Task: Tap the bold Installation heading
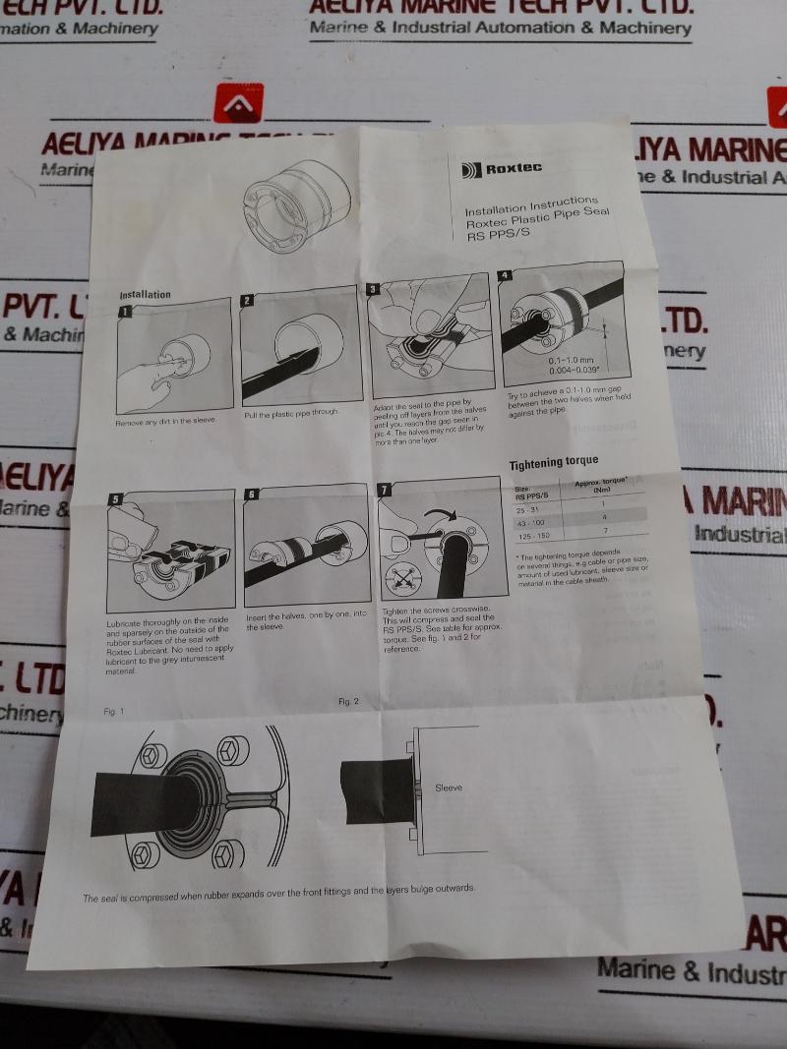click(145, 294)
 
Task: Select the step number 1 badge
click(125, 312)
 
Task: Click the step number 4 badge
click(505, 275)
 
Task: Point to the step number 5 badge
click(115, 499)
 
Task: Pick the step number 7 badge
click(385, 489)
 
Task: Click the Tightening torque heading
click(553, 462)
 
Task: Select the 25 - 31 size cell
click(529, 509)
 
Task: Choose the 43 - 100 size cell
click(531, 522)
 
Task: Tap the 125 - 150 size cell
click(533, 537)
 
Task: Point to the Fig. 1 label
click(113, 710)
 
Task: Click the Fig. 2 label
click(348, 701)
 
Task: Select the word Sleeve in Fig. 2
click(448, 787)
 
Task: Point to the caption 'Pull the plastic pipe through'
click(291, 412)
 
